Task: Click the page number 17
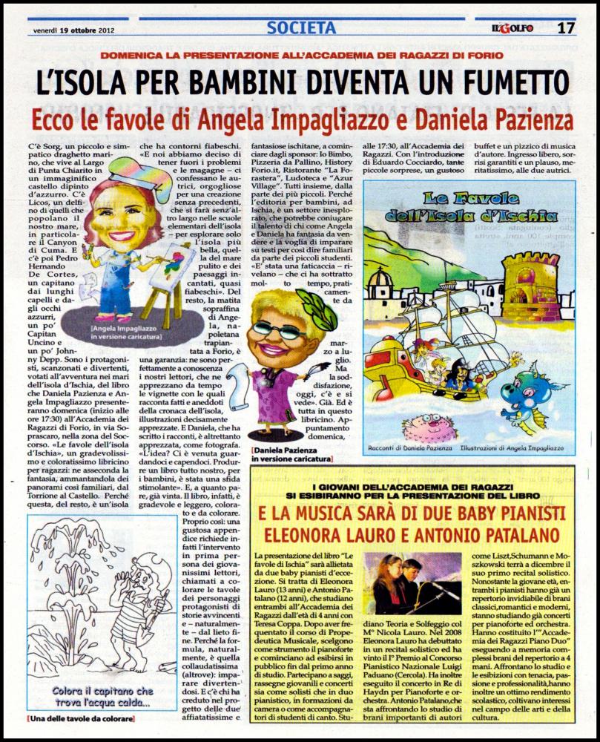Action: click(567, 28)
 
